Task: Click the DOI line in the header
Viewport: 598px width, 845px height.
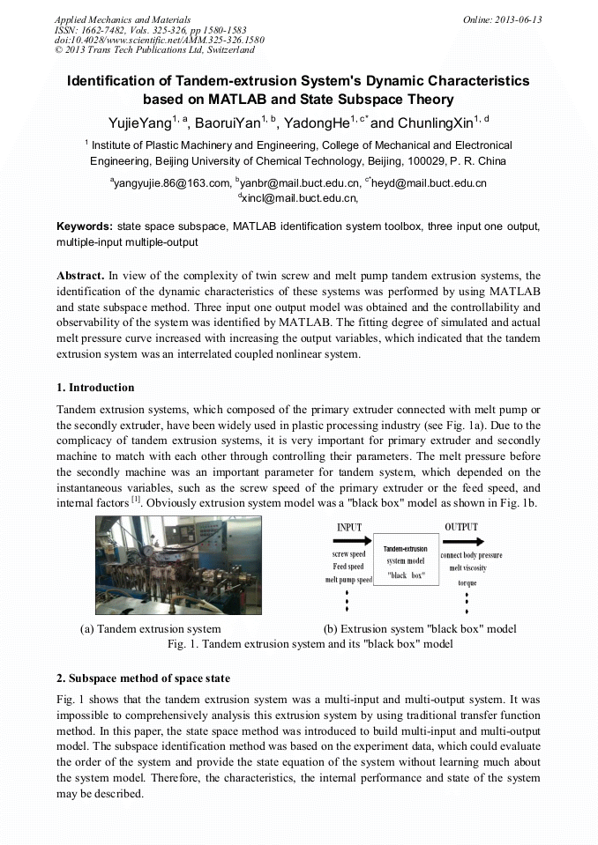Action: pyautogui.click(x=159, y=41)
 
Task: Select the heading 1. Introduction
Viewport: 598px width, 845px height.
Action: pyautogui.click(x=95, y=388)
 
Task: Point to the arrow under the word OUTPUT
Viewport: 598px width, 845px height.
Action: pyautogui.click(x=463, y=541)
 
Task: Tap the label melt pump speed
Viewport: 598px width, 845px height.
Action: pyautogui.click(x=348, y=580)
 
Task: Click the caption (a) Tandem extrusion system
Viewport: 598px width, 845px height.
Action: pyautogui.click(x=150, y=629)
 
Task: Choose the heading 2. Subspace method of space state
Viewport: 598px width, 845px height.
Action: pyautogui.click(x=143, y=678)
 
